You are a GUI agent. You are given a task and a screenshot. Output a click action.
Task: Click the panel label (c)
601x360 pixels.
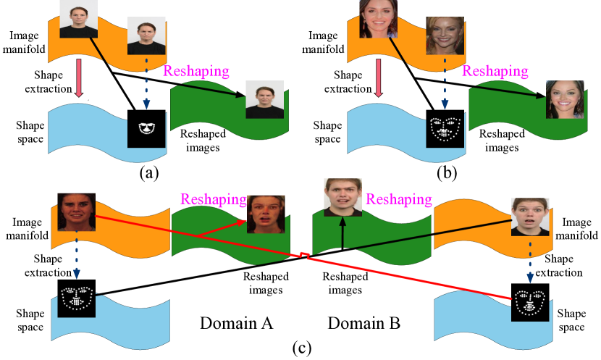[x=301, y=348]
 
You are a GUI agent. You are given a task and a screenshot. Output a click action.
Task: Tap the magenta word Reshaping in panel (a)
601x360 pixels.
[x=197, y=71]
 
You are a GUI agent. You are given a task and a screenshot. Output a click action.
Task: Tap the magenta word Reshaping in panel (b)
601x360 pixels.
[x=496, y=71]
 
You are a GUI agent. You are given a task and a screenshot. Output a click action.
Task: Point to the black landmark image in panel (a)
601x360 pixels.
[x=147, y=129]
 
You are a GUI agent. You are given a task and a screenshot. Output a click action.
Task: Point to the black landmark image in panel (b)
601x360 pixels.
[x=445, y=129]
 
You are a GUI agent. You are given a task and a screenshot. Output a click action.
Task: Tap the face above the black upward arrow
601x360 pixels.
[x=342, y=198]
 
